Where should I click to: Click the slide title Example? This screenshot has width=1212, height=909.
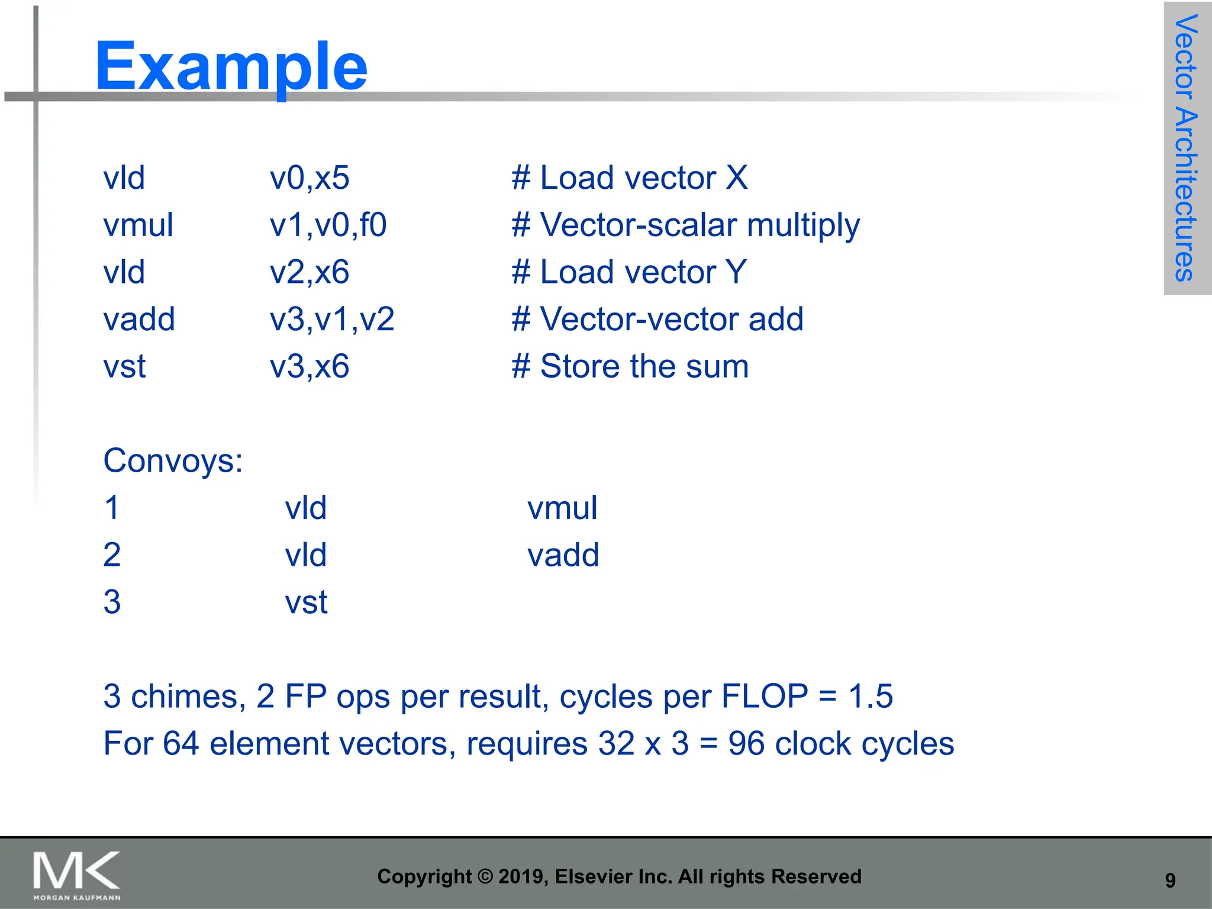click(x=231, y=66)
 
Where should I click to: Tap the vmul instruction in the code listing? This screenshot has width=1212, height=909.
click(x=138, y=225)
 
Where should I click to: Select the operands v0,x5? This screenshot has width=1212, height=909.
click(x=310, y=178)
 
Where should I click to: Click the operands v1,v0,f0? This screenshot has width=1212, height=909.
click(x=328, y=225)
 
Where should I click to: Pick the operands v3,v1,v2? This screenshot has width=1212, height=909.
click(x=332, y=320)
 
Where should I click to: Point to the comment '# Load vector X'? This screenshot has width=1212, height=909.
click(x=629, y=178)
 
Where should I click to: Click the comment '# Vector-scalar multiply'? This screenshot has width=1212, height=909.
click(x=685, y=225)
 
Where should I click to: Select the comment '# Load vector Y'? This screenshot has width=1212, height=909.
click(x=628, y=272)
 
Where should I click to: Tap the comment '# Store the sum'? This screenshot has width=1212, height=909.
click(x=630, y=366)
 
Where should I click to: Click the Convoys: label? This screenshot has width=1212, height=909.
click(x=173, y=460)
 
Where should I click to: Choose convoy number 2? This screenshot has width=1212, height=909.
click(x=112, y=555)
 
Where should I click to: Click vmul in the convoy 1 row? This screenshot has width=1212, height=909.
click(x=562, y=508)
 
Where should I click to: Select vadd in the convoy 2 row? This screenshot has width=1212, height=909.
click(x=563, y=555)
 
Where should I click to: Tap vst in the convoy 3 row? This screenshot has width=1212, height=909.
click(x=306, y=602)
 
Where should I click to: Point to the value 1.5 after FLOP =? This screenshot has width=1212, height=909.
click(x=870, y=697)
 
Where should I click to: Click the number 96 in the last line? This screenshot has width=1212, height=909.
click(x=746, y=744)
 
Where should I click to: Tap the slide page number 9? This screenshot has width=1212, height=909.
click(x=1170, y=880)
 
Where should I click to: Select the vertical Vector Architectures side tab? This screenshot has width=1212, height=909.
click(x=1186, y=148)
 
